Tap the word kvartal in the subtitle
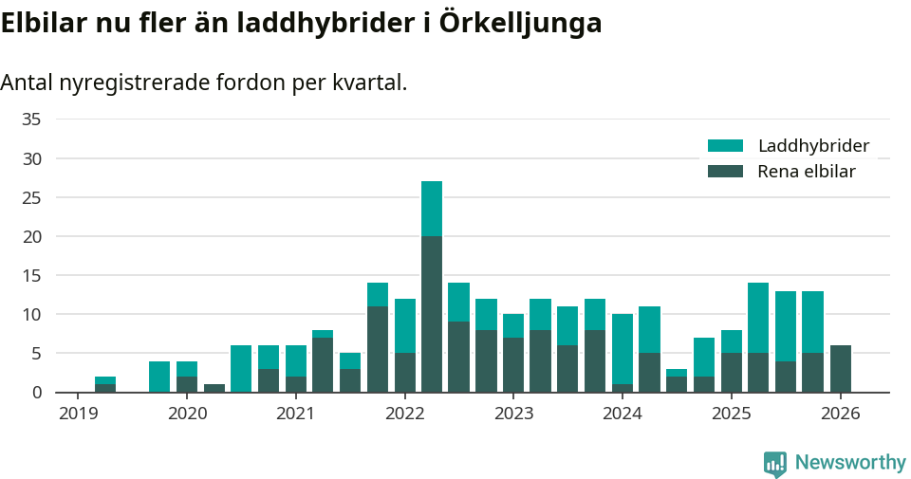[365, 83]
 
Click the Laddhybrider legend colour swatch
[726, 146]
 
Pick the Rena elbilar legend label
[807, 172]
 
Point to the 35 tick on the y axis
[31, 120]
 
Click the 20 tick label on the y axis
[31, 236]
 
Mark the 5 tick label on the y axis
[36, 353]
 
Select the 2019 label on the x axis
[78, 414]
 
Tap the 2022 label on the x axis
[404, 414]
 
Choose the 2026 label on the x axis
[840, 414]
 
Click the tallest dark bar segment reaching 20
[432, 314]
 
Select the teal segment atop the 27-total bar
[432, 209]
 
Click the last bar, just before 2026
[840, 369]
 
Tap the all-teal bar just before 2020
[159, 377]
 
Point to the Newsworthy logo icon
[774, 463]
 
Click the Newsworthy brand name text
[850, 463]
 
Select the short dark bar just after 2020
[214, 388]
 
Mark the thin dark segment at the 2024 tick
[623, 388]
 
